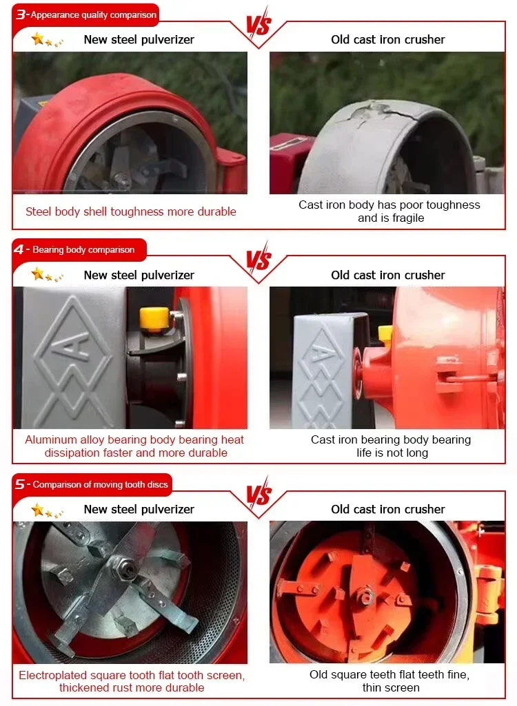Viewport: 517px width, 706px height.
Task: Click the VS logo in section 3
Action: (258, 24)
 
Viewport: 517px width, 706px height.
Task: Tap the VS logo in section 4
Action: (258, 259)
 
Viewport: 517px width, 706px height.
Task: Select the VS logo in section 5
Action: (258, 493)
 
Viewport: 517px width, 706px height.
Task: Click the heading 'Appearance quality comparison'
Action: (93, 15)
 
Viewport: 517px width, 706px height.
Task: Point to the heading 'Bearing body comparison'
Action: (83, 249)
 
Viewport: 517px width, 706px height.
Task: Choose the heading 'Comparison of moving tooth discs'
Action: (100, 484)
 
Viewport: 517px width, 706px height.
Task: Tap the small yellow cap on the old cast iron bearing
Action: (385, 333)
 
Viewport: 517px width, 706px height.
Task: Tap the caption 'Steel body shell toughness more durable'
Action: (131, 211)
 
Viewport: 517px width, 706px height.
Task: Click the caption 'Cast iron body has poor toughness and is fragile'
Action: (389, 211)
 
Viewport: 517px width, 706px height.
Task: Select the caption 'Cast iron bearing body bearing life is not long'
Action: (391, 446)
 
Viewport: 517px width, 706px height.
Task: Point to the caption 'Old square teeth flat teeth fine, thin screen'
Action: (390, 681)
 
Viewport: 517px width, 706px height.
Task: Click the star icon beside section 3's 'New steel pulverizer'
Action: (39, 39)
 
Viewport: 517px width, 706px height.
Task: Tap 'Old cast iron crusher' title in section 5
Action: (387, 509)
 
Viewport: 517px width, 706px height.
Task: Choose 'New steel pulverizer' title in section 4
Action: (139, 275)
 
